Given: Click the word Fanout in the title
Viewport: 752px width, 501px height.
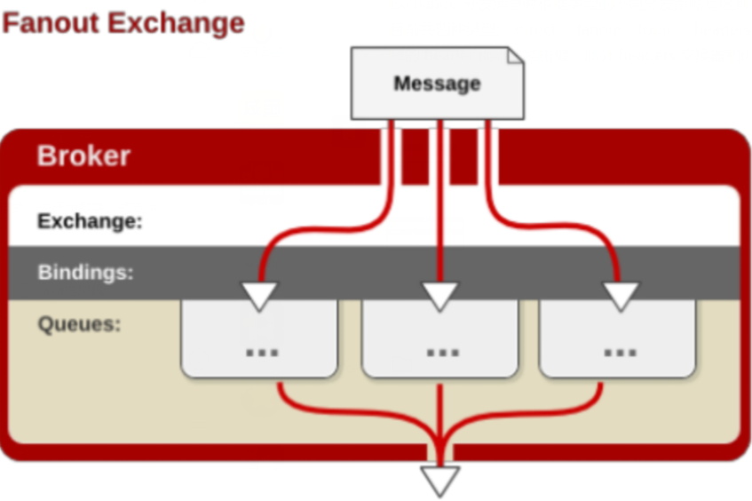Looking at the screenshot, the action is (x=51, y=23).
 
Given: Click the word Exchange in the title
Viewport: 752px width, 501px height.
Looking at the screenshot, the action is (x=176, y=24).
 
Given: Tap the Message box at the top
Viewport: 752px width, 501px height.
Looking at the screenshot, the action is (x=438, y=83).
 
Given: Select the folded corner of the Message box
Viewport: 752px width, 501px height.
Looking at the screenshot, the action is (x=516, y=55).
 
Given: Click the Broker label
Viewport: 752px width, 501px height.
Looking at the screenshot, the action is (x=84, y=155).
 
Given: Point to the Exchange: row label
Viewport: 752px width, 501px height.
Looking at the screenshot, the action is (x=91, y=221).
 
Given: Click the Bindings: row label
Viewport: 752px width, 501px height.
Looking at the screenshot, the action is (x=86, y=272).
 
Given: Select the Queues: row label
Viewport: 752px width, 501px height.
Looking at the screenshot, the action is (x=79, y=324).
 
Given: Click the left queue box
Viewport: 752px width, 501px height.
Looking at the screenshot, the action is (x=259, y=338).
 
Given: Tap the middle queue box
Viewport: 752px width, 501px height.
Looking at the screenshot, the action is (x=439, y=338).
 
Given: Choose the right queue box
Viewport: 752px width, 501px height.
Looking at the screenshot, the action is (x=618, y=338).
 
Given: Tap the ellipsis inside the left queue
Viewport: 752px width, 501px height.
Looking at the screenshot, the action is (x=262, y=354).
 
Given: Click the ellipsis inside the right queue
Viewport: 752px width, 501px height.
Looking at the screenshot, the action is (x=620, y=354).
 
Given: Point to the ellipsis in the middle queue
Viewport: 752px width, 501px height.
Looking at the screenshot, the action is (x=443, y=354).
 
